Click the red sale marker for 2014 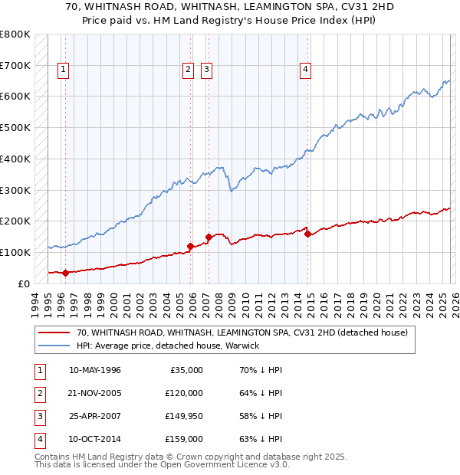coord(307,234)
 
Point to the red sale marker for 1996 coord(65,272)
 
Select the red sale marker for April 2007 coord(209,237)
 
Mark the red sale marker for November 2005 coord(190,246)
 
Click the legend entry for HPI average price coord(168,346)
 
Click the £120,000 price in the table coord(183,393)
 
